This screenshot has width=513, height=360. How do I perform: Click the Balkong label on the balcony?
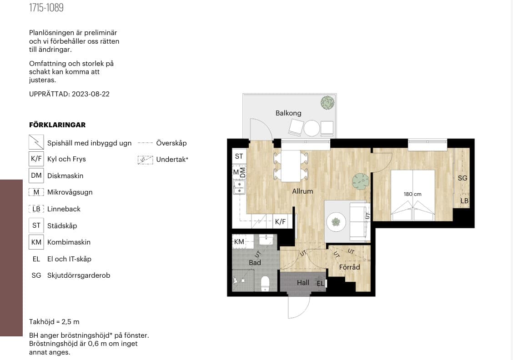pos(288,113)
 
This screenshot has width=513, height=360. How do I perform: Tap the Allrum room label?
pos(302,191)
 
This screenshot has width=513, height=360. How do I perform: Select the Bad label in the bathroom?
pos(255,263)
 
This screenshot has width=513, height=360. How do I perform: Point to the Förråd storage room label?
pos(349,267)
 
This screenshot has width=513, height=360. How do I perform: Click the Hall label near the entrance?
pos(303,283)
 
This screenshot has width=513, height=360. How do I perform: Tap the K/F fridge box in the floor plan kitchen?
pos(281,222)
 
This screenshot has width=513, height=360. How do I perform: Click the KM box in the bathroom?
pos(239,242)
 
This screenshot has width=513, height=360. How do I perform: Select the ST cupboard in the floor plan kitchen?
pos(239,156)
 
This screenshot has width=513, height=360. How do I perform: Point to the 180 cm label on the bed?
pos(412,194)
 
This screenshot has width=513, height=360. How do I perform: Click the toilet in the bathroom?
pos(265,283)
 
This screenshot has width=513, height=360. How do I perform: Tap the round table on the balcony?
pos(312,128)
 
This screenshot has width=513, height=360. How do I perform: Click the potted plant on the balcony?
pos(327,103)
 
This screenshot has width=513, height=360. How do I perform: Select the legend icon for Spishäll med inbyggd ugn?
pos(36,142)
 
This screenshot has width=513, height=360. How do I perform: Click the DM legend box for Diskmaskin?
pos(36,175)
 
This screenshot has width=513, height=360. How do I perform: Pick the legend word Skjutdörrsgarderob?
pos(79,275)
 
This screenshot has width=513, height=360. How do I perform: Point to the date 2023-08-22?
pos(91,94)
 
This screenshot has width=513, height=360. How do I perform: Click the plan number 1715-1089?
pos(46,8)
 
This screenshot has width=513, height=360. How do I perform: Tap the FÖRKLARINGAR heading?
pos(57,125)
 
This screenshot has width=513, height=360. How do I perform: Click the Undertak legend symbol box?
pos(145,160)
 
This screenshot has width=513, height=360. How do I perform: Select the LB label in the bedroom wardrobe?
pos(464,201)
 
